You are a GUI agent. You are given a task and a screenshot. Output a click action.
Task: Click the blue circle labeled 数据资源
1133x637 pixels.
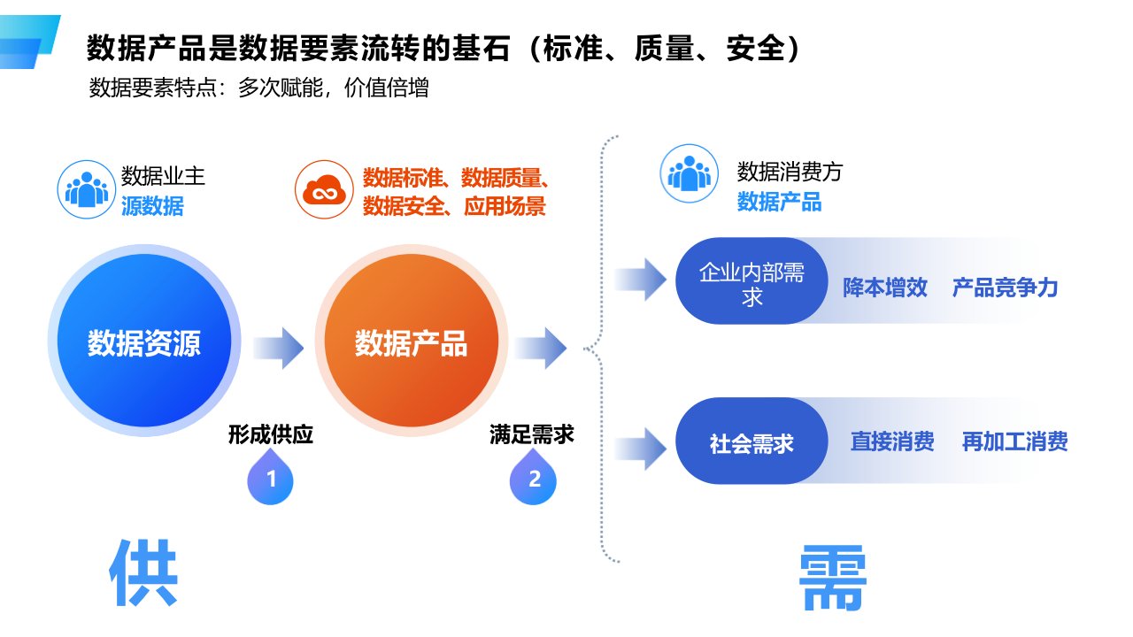pos(144,342)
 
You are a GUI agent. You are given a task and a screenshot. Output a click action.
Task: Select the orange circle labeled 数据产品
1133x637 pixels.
pos(411,342)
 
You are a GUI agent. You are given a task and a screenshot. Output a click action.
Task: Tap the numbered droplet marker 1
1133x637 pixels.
pos(270,480)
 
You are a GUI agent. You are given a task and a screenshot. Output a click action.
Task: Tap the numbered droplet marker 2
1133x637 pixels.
pos(534,480)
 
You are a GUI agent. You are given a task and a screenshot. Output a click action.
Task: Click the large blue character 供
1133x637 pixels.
pos(144,573)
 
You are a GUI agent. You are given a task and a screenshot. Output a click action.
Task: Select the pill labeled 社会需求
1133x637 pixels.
pos(751,442)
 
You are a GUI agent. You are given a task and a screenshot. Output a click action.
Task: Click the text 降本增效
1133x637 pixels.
pos(884,288)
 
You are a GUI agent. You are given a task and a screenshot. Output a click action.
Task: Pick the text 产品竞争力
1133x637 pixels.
pos(1005,288)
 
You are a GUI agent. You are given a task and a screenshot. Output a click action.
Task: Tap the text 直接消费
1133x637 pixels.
pos(891,441)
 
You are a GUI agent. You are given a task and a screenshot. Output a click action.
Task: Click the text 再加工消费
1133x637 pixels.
pos(1014,441)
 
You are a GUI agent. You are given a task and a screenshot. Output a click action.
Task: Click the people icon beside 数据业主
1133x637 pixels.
pos(87,188)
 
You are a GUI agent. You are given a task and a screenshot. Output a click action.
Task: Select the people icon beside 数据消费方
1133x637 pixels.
pos(689,173)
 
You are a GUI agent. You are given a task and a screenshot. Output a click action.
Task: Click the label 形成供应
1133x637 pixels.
pos(270,434)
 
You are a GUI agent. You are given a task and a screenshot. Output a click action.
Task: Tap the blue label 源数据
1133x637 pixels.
pos(152,206)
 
